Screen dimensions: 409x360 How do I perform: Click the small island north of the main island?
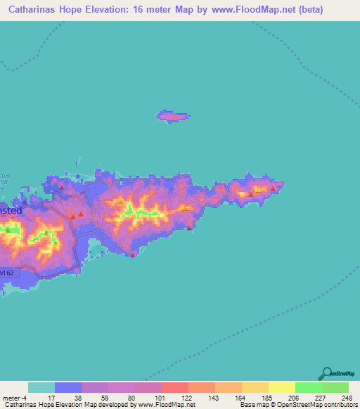pyautogui.click(x=172, y=116)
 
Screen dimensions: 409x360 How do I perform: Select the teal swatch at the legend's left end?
pyautogui.click(x=41, y=387)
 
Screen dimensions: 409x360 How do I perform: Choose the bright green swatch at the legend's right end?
pyautogui.click(x=335, y=387)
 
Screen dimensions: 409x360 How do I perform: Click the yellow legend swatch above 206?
pyautogui.click(x=281, y=387)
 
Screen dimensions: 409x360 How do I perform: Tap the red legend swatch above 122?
pyautogui.click(x=174, y=387)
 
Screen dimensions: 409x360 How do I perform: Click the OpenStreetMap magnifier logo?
pyautogui.click(x=327, y=375)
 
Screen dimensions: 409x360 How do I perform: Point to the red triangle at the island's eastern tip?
pyautogui.click(x=273, y=188)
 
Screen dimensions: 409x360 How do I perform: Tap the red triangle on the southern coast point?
pyautogui.click(x=132, y=255)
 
